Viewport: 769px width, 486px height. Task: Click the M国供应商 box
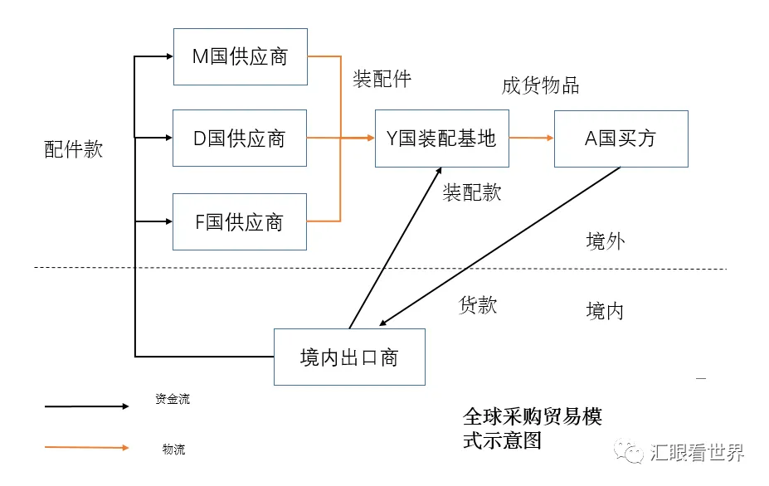pos(240,56)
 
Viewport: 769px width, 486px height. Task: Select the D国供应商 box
pos(240,138)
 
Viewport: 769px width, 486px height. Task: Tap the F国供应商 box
pos(240,221)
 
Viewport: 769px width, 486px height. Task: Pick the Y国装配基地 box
pos(441,139)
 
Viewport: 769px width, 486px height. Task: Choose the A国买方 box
pos(621,139)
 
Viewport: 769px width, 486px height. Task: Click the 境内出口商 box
pos(349,357)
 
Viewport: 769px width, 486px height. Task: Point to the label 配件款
pos(74,149)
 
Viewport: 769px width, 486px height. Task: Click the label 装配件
pos(382,79)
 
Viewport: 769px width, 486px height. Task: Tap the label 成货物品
pos(540,85)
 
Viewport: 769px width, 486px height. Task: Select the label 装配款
pos(472,192)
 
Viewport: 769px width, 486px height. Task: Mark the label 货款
pos(478,304)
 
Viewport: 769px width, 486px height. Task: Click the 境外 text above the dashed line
pos(605,241)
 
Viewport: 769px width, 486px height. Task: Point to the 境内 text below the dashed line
pos(605,311)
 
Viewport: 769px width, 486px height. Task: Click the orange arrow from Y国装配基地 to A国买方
pos(531,139)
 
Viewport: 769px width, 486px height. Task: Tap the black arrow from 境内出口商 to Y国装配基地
pos(395,246)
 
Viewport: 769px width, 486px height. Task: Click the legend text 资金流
pos(172,399)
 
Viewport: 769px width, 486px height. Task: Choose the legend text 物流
pos(173,450)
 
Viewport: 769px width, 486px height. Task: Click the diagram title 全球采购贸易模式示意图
pos(532,427)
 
